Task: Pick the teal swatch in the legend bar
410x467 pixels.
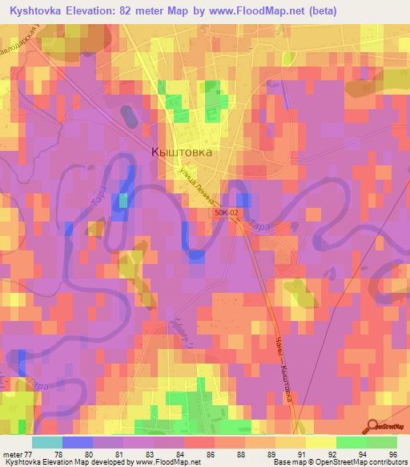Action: (x=46, y=442)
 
